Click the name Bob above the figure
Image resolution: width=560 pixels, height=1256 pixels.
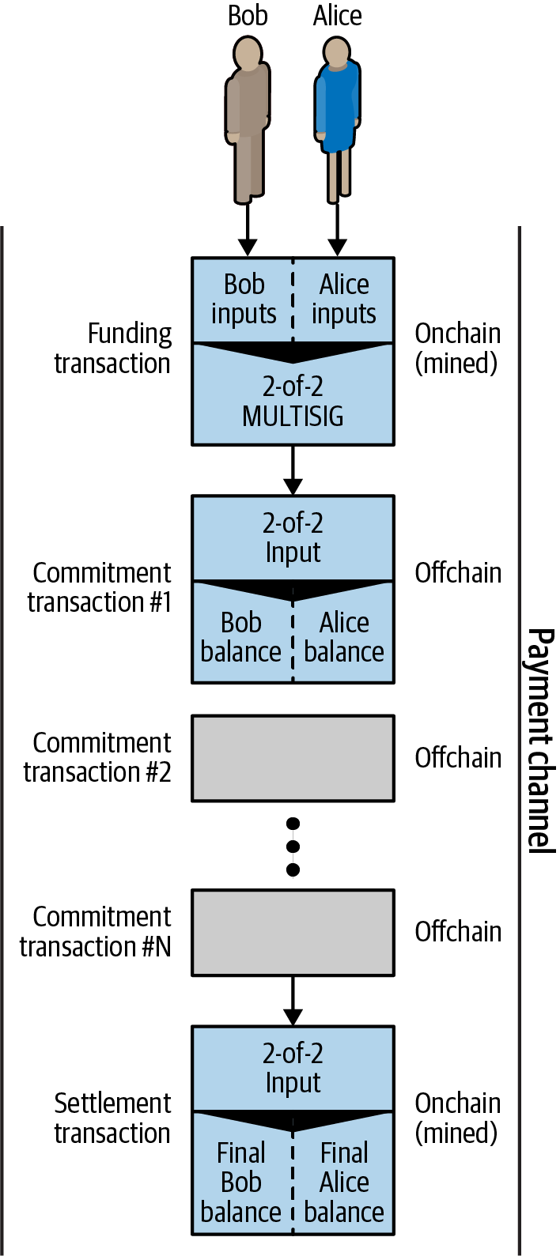tap(248, 15)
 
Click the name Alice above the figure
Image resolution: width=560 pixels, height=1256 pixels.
tap(337, 15)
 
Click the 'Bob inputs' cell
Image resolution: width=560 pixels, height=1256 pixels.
tap(243, 299)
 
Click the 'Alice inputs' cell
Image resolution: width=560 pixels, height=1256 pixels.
tap(344, 299)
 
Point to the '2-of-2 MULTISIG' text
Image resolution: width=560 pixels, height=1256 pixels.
tap(293, 401)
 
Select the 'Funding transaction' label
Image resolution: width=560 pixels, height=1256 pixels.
tap(112, 349)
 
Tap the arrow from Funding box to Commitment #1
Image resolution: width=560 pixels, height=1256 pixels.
tap(293, 470)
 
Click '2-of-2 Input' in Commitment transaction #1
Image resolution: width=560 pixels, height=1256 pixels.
tap(293, 537)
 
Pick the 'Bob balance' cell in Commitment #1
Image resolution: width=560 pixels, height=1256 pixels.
tap(241, 637)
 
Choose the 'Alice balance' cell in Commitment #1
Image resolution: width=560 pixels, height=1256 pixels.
tap(344, 637)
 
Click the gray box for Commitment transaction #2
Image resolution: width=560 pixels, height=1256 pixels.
tap(293, 758)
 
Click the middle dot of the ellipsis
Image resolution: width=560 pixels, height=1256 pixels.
tap(293, 847)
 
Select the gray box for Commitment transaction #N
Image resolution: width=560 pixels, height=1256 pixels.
tap(293, 932)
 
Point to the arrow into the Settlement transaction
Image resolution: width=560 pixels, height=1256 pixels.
tap(293, 1000)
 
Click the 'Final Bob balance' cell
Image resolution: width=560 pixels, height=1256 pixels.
tap(241, 1182)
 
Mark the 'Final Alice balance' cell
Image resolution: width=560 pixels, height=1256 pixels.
tap(344, 1182)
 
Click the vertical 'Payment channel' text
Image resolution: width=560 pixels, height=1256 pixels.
tap(539, 740)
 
